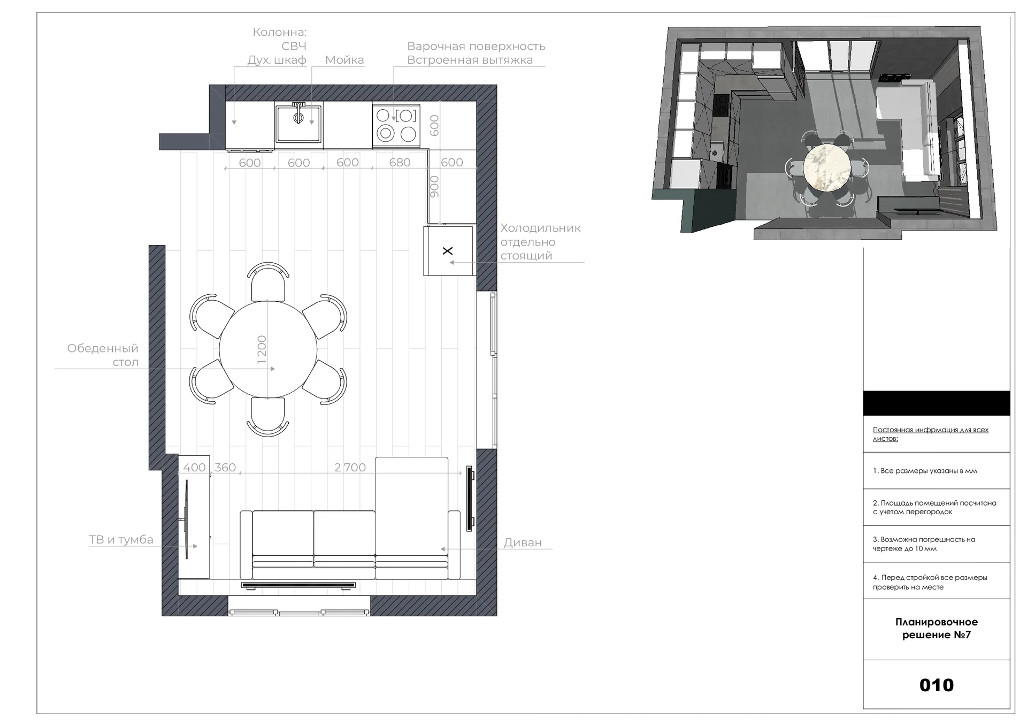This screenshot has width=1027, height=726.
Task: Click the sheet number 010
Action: pyautogui.click(x=936, y=685)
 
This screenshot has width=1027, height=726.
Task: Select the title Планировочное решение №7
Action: pyautogui.click(x=936, y=628)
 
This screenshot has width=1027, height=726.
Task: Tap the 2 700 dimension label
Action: pyautogui.click(x=350, y=467)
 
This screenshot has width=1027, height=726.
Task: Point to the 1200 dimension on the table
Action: pyautogui.click(x=262, y=349)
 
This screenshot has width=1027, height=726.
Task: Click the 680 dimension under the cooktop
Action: pyautogui.click(x=400, y=162)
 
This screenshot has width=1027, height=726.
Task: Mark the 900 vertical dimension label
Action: pyautogui.click(x=434, y=186)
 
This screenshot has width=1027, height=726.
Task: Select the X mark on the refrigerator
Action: pyautogui.click(x=448, y=250)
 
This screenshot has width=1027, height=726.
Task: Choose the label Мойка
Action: pyautogui.click(x=344, y=60)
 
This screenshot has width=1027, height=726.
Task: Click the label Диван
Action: pyautogui.click(x=523, y=542)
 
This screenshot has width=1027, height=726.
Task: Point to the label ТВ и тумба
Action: pyautogui.click(x=121, y=539)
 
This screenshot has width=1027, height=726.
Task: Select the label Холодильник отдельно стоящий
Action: pyautogui.click(x=540, y=242)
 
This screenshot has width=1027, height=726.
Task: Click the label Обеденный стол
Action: pyautogui.click(x=103, y=355)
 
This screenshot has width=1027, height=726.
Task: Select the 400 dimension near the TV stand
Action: pyautogui.click(x=194, y=467)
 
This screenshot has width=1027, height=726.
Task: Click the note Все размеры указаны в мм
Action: pyautogui.click(x=925, y=471)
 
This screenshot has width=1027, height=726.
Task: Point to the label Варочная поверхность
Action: pyautogui.click(x=476, y=47)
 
